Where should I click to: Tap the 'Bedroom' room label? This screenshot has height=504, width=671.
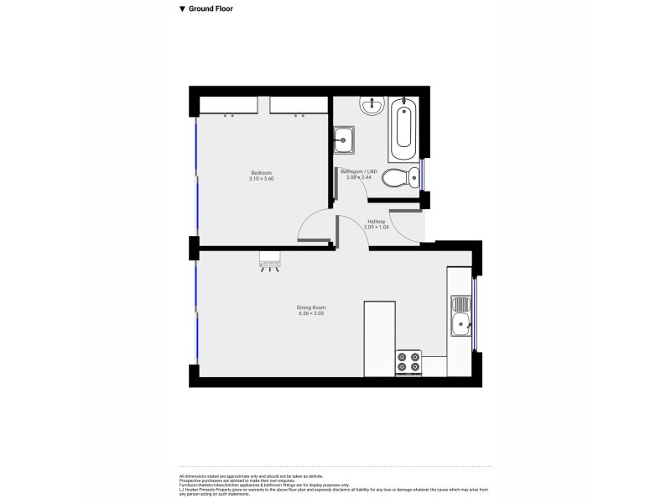point(262,172)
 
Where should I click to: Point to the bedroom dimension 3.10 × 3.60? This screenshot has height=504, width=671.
point(262,179)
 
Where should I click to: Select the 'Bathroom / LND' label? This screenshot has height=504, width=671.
point(359,171)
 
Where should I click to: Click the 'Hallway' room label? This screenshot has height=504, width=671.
point(375,222)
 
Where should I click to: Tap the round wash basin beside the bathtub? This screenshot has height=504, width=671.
point(371,106)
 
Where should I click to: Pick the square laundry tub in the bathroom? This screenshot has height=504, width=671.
point(344,140)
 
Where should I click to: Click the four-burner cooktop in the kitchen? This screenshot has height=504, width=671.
point(408,362)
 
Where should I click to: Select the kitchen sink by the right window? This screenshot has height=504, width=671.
point(460,314)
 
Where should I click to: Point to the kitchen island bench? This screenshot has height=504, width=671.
point(378,339)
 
